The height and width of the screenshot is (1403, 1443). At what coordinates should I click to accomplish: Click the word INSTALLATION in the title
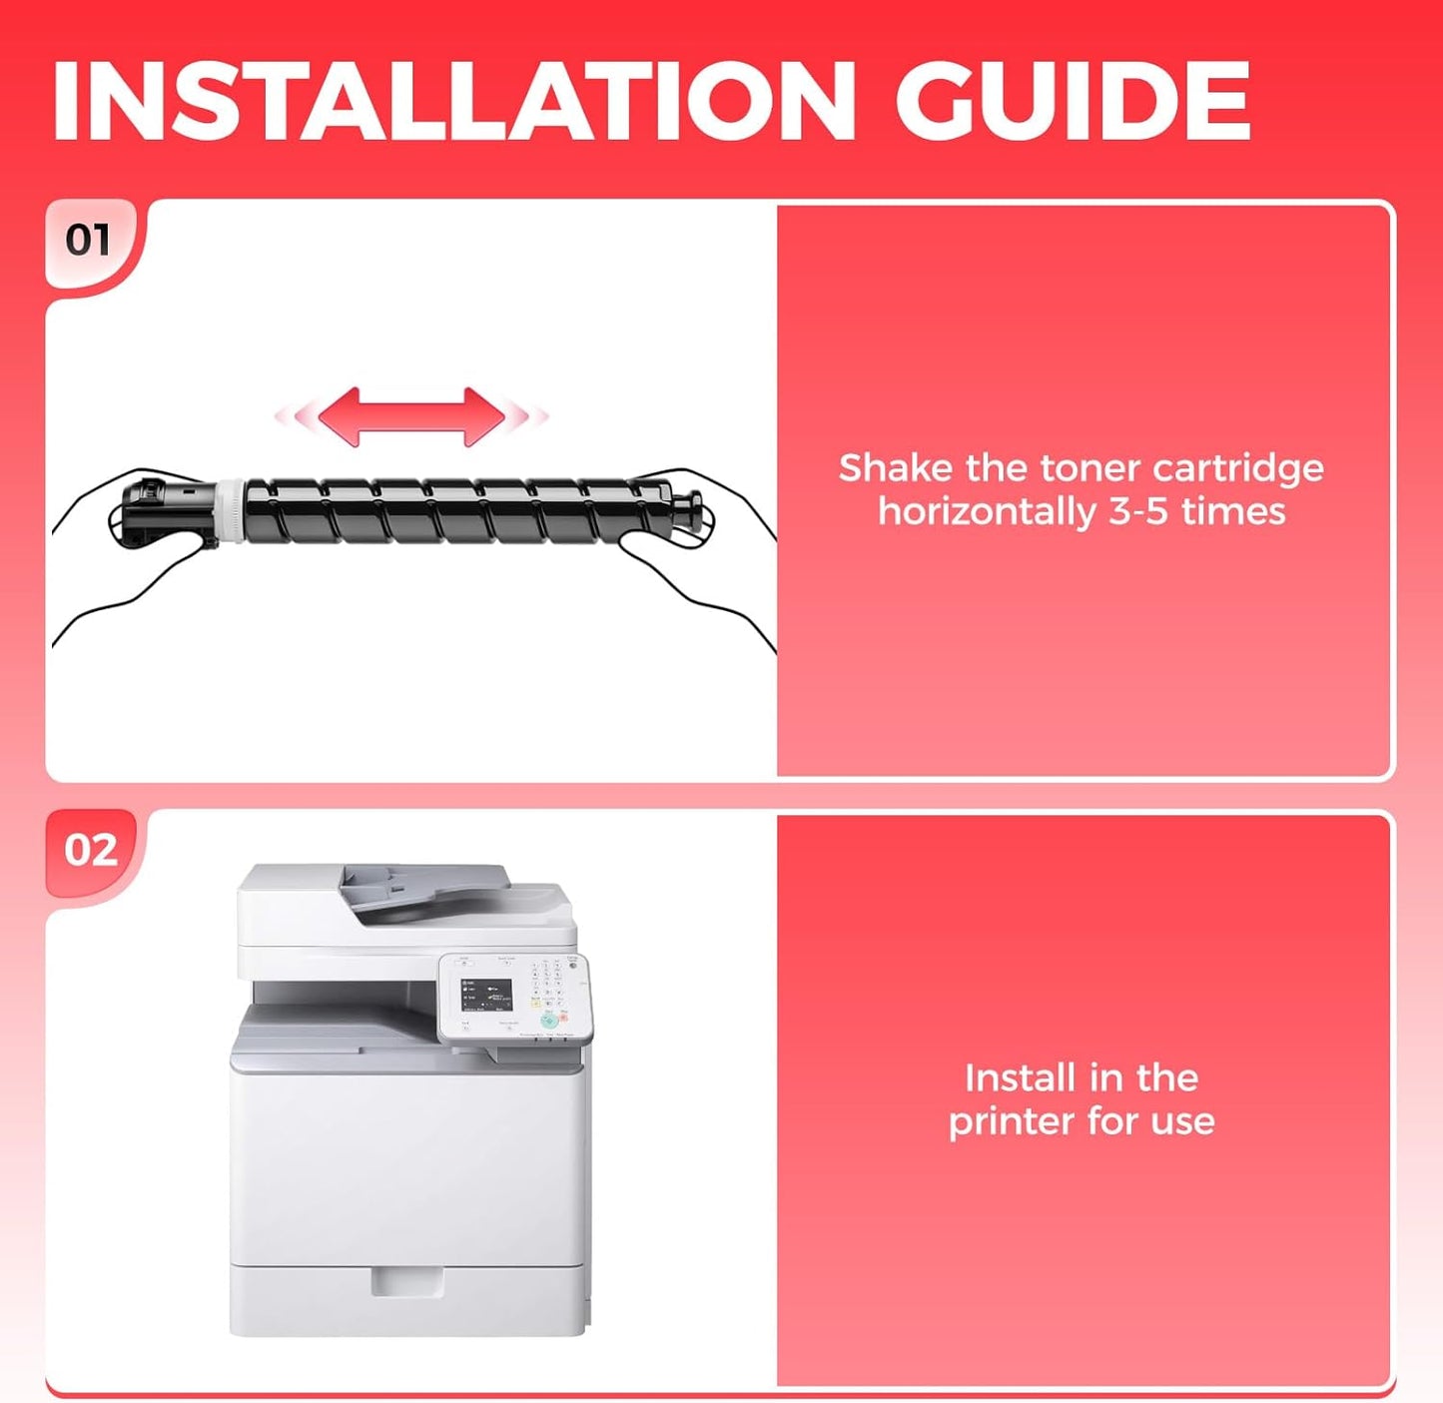click(x=452, y=101)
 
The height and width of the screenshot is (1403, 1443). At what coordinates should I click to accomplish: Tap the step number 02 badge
click(x=91, y=850)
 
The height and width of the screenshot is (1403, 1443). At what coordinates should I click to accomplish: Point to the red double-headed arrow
click(x=411, y=416)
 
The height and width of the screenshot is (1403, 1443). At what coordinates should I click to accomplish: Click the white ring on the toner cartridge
click(x=231, y=511)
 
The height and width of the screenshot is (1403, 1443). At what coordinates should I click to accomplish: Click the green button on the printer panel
click(x=549, y=1022)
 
